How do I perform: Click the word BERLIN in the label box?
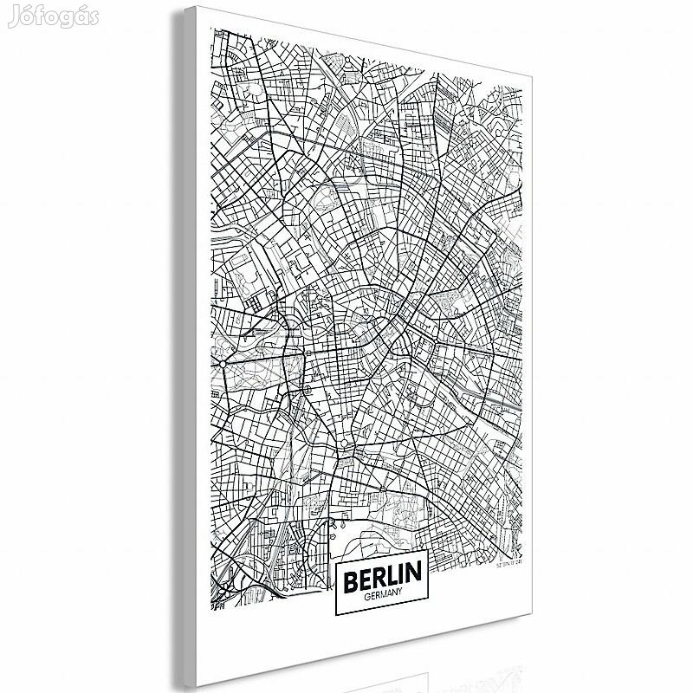coord(381,575)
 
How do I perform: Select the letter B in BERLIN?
coord(351,575)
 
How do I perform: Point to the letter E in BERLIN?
coord(365,575)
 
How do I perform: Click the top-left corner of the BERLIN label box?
coord(334,554)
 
